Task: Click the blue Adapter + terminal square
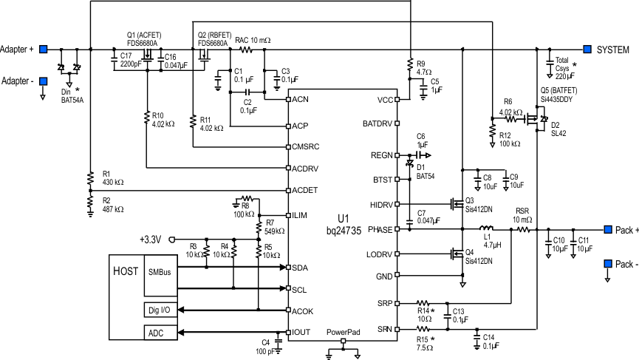pyautogui.click(x=44, y=50)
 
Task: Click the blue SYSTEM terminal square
pyautogui.click(x=587, y=50)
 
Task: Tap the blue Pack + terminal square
pyautogui.click(x=608, y=228)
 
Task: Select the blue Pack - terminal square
pyautogui.click(x=608, y=262)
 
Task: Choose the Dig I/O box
pyautogui.click(x=157, y=310)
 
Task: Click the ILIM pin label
pyautogui.click(x=299, y=215)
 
